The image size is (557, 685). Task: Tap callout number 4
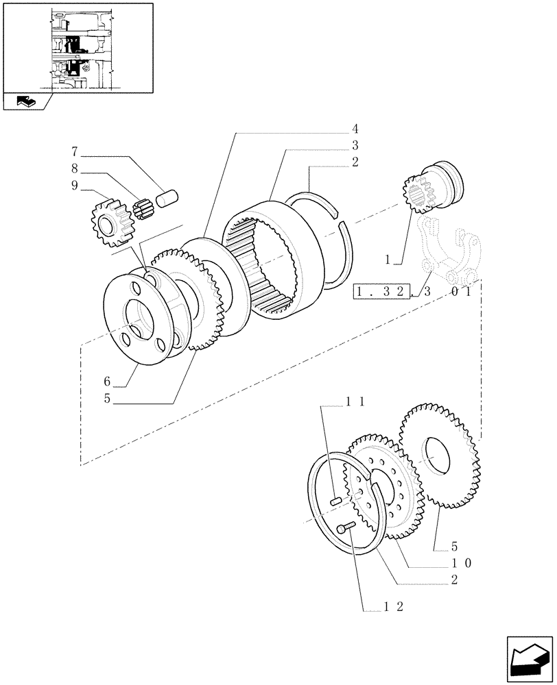click(356, 128)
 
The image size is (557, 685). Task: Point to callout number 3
click(356, 145)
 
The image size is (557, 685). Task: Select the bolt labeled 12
click(346, 527)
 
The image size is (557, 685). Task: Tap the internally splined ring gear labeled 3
click(274, 260)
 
